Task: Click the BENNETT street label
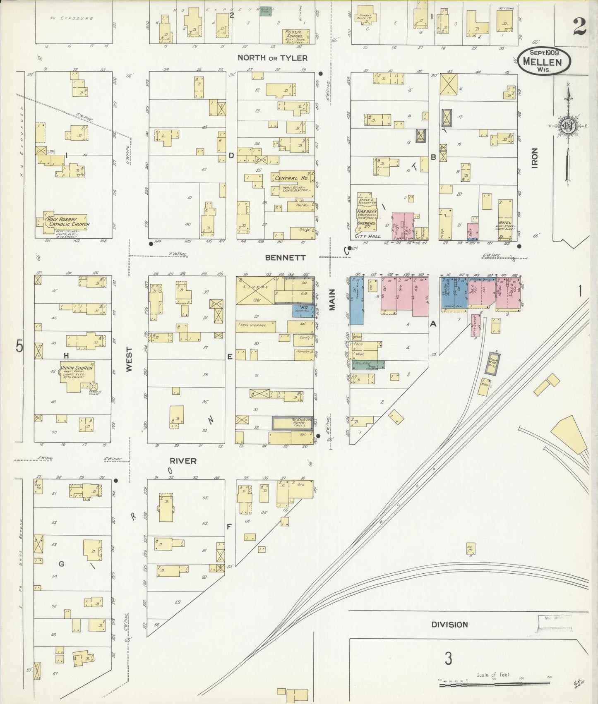click(x=285, y=257)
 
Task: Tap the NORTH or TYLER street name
click(x=272, y=58)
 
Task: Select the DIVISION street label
click(x=449, y=625)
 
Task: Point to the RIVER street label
click(x=183, y=461)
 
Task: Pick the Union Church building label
click(x=76, y=368)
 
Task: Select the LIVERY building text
click(x=255, y=287)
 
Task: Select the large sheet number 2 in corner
click(x=579, y=27)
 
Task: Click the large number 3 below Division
click(x=448, y=659)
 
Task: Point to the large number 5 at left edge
click(x=19, y=345)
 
